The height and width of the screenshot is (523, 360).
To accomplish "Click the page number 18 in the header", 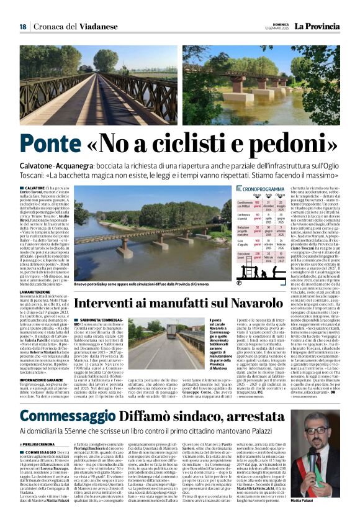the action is click(22, 27).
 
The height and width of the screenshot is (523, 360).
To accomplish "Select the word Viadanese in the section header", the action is click(86, 27).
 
